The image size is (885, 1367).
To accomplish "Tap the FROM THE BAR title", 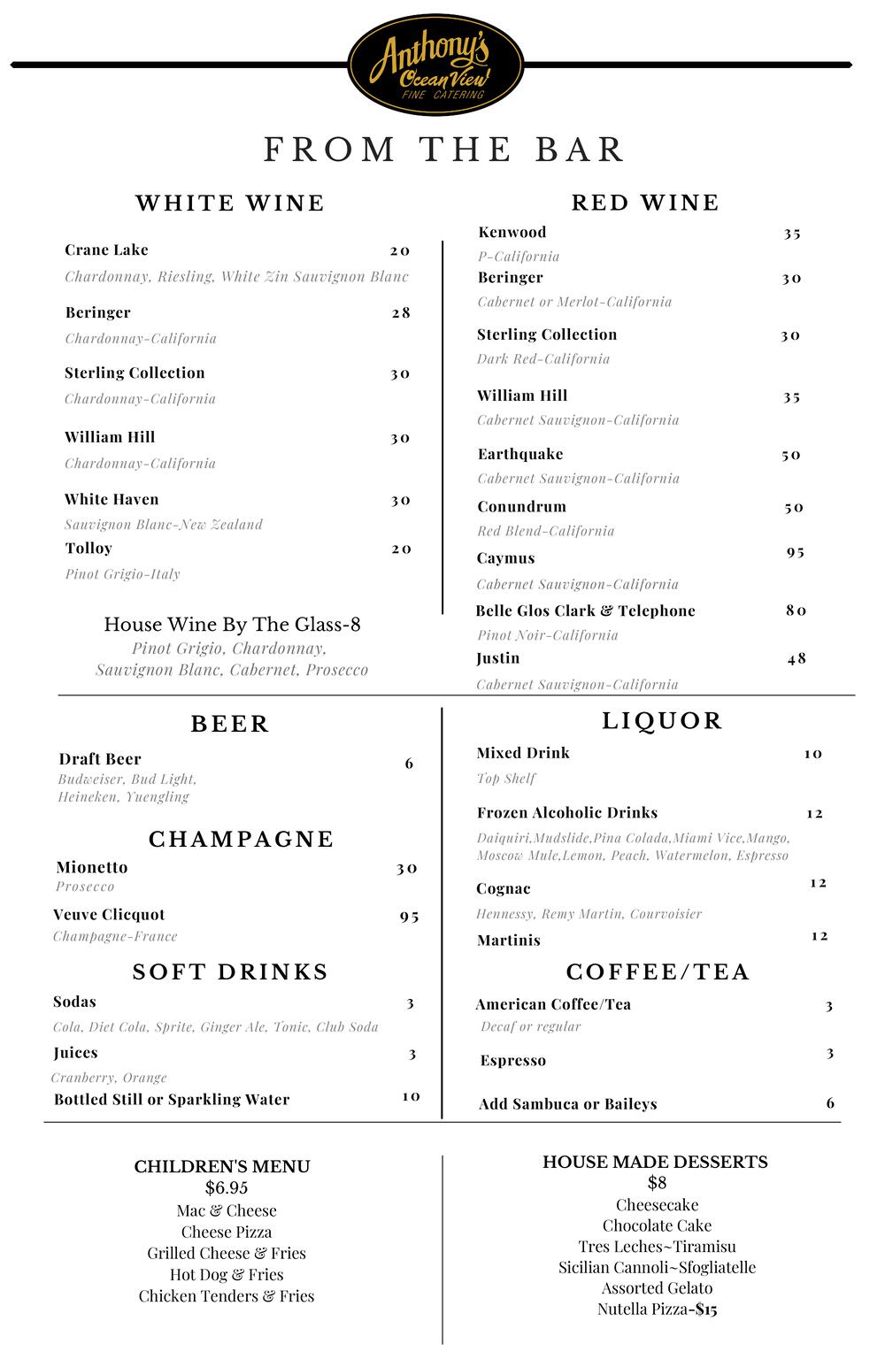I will [444, 150].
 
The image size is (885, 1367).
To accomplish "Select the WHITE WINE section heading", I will [230, 204].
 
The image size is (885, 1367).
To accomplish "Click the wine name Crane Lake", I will [106, 250].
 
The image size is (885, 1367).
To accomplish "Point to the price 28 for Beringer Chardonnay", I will [401, 312].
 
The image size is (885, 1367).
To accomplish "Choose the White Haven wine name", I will [112, 500].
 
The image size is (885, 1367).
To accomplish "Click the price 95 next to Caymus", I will [796, 552].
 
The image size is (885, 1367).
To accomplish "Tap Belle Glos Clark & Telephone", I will [585, 611].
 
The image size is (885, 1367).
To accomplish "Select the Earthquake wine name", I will [520, 455].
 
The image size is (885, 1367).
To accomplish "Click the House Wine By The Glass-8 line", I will [232, 625].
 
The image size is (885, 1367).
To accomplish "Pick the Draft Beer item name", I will [100, 759].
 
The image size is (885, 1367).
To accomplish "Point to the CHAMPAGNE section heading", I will [241, 839].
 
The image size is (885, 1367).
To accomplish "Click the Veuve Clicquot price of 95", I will [409, 916].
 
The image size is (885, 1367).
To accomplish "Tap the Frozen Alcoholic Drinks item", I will [567, 813].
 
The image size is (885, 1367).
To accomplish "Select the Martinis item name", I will [509, 941].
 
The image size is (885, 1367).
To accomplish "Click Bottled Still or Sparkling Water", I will [172, 1100].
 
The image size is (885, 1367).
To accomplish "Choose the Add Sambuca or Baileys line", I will [568, 1104].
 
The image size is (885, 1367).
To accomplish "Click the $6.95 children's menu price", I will [227, 1187].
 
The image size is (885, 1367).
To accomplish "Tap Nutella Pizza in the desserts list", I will [642, 1309].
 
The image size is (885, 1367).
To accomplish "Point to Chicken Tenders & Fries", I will [227, 1296].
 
